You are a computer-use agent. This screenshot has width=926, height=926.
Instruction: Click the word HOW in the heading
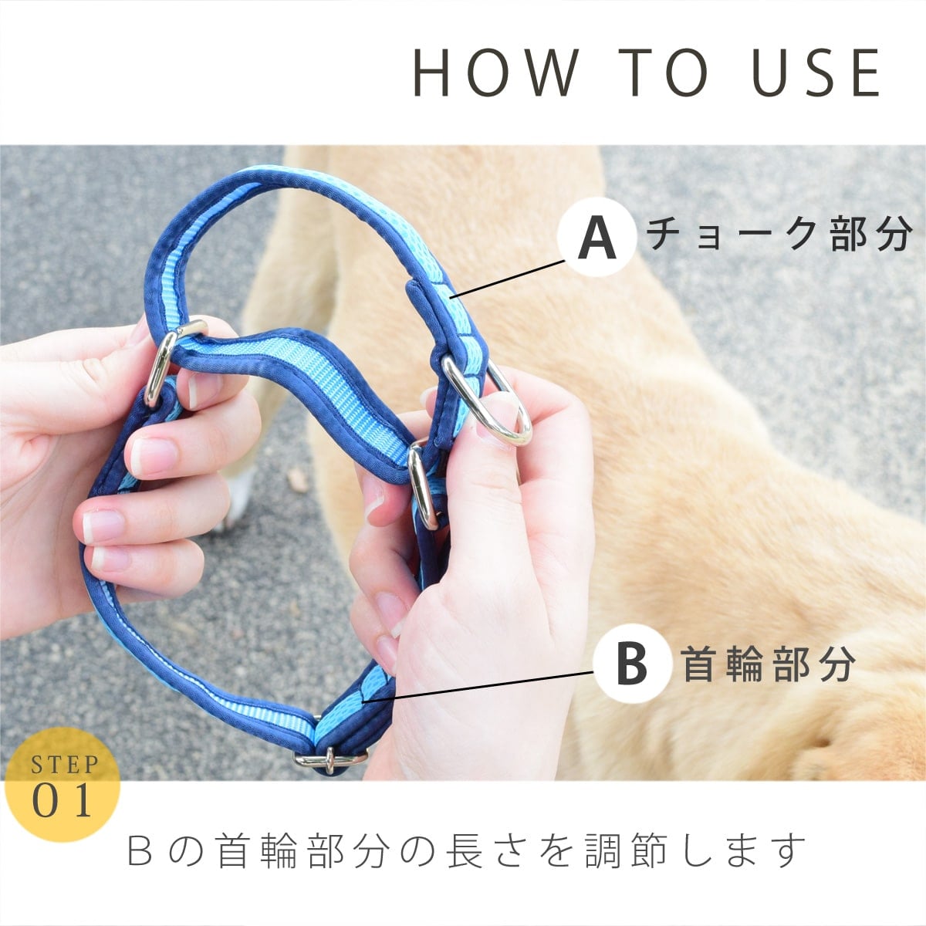click(495, 73)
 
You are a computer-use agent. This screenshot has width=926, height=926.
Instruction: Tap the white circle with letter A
click(596, 236)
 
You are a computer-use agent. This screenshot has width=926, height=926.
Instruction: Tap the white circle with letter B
click(632, 663)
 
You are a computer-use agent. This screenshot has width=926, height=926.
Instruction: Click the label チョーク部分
click(779, 234)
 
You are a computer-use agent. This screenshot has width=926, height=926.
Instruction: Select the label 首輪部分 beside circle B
click(768, 664)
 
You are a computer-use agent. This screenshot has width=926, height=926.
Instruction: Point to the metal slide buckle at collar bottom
click(330, 760)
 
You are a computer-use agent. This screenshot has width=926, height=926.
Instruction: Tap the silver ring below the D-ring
click(421, 485)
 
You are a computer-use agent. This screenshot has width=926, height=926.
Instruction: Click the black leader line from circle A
click(508, 279)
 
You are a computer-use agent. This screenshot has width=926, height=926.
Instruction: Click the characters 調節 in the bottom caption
click(626, 850)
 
